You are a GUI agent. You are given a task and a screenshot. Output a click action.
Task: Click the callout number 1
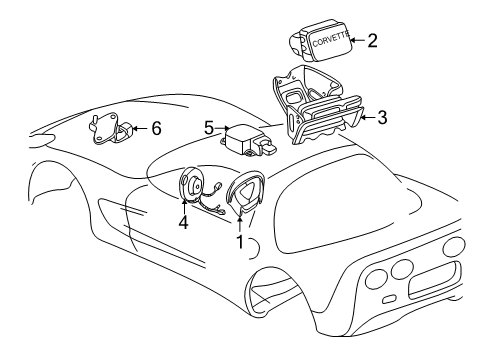[239, 242]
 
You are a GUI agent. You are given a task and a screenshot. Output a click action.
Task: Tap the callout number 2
[372, 41]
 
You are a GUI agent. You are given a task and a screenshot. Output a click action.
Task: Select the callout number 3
[382, 117]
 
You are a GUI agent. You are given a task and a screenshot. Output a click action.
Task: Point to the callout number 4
[183, 223]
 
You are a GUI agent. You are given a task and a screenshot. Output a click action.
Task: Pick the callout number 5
[209, 128]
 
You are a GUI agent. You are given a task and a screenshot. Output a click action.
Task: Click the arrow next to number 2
[358, 41]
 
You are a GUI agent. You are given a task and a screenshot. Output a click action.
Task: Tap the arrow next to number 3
[367, 117]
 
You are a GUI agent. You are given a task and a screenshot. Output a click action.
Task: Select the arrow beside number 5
[223, 129]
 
